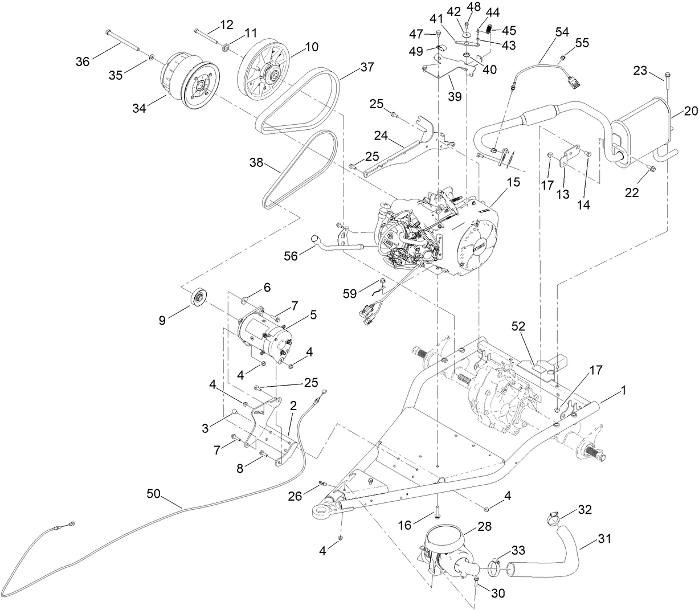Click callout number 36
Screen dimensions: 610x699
coord(83,61)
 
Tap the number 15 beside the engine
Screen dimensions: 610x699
coord(513,182)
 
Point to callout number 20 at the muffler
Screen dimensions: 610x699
coord(690,112)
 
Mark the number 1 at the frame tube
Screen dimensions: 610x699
coord(623,391)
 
